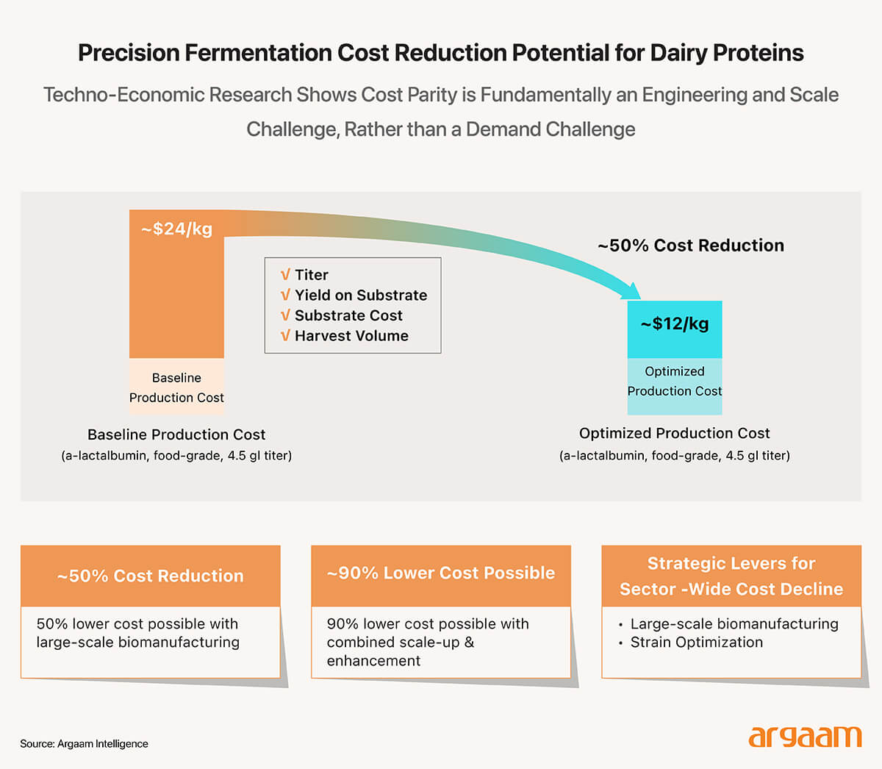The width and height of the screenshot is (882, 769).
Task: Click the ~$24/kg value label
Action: point(176,229)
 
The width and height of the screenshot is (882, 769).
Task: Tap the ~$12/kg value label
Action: point(674,323)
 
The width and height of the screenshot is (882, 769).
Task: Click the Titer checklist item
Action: point(311,275)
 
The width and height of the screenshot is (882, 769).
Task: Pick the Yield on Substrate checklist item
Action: point(360,295)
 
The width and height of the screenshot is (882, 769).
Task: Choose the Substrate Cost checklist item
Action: point(348,315)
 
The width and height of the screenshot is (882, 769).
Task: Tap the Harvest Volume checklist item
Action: point(351,336)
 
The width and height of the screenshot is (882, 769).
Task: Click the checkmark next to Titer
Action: point(285,275)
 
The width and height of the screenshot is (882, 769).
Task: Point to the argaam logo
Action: point(804,737)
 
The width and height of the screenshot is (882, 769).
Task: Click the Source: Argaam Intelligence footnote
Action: point(84,744)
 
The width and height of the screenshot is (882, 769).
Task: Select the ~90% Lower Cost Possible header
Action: point(441,573)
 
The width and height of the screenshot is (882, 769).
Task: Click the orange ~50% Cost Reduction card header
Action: point(151,576)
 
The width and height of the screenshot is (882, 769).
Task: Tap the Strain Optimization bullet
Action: point(696,643)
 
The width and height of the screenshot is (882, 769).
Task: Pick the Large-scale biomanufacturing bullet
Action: point(734,624)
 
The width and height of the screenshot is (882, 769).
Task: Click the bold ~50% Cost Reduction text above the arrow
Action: point(690,246)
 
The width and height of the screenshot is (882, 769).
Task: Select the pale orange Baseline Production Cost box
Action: point(176,387)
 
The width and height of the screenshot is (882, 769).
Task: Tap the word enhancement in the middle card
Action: point(373,661)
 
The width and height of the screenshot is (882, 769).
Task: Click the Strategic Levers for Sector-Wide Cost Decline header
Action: point(731,576)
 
